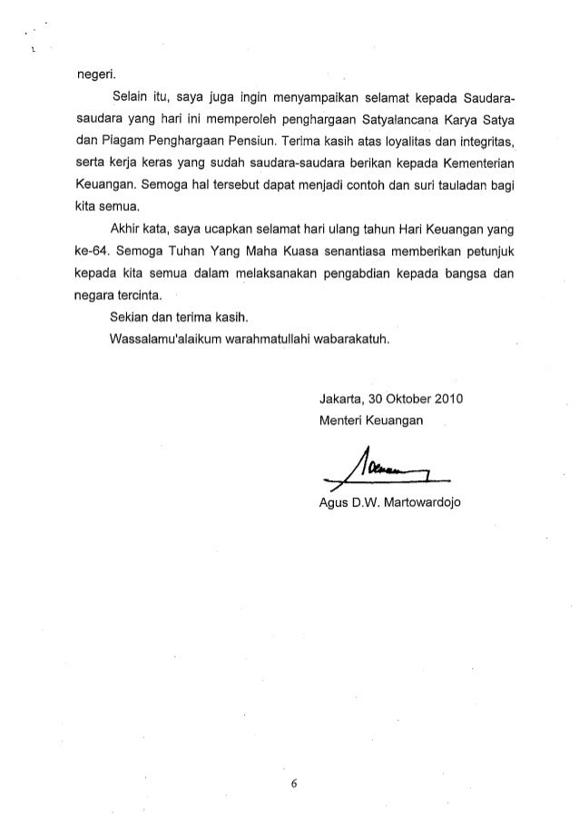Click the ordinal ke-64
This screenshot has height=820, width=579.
coord(92,251)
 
